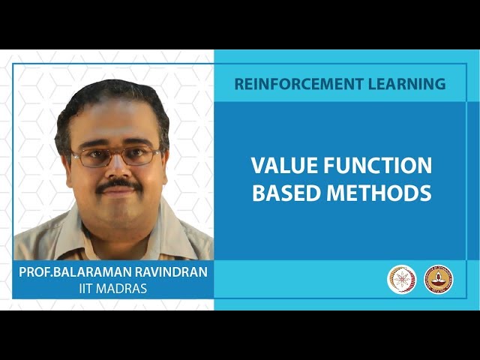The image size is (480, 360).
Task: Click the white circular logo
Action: (x=402, y=279)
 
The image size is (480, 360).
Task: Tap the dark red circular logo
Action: (x=439, y=279)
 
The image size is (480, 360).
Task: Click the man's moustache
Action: (x=118, y=183)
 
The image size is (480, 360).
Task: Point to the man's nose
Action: (x=117, y=169)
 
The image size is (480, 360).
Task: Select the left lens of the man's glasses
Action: (x=92, y=157)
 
